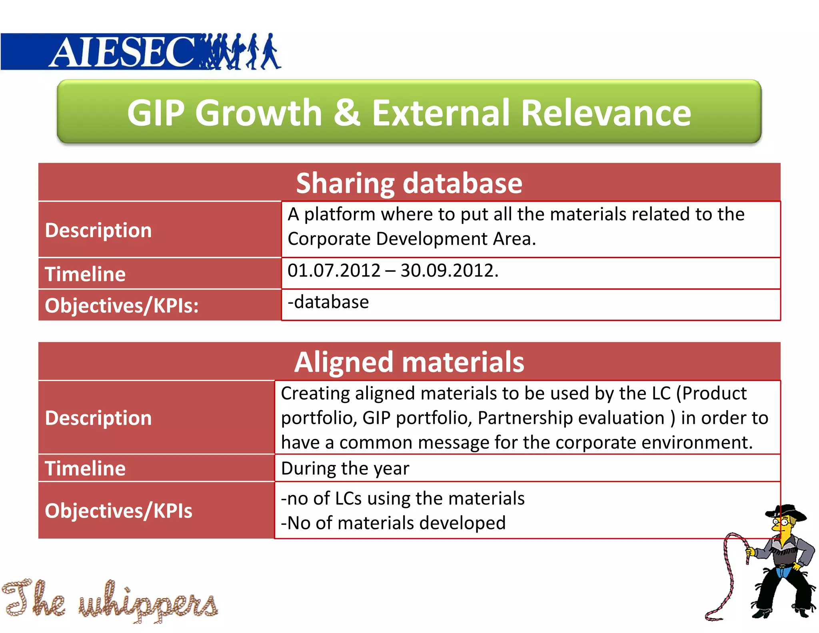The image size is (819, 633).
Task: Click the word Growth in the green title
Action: (x=258, y=113)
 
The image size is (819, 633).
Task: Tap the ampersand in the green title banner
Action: (x=346, y=113)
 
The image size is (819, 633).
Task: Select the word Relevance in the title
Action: (x=606, y=113)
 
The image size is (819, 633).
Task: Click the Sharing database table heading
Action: (x=409, y=183)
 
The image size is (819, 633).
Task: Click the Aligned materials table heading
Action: (x=409, y=362)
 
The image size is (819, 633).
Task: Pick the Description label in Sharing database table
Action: (x=98, y=230)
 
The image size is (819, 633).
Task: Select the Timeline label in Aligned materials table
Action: (x=85, y=469)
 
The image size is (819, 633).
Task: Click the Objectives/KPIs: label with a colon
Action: (x=122, y=306)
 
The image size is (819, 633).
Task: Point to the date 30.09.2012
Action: (x=449, y=271)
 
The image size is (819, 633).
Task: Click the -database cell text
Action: (x=328, y=302)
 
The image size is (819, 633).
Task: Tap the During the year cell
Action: (x=345, y=469)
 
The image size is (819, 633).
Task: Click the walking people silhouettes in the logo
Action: (x=240, y=52)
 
